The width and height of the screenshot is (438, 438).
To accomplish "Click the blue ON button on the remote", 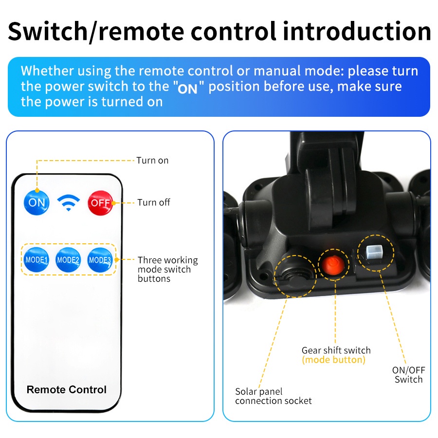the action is (x=36, y=202).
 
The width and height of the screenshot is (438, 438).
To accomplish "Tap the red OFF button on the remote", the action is (x=100, y=203).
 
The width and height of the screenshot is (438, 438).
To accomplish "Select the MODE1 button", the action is (x=36, y=260).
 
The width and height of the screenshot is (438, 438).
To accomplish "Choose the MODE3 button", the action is (x=100, y=260).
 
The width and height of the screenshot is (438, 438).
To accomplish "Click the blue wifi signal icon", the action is (x=69, y=202).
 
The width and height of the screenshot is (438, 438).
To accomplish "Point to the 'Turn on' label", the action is (x=152, y=160).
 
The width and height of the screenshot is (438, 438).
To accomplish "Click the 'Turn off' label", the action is (x=154, y=202).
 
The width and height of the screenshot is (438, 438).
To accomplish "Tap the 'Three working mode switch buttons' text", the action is (x=167, y=269).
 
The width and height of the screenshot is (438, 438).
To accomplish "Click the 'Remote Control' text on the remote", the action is (x=67, y=389).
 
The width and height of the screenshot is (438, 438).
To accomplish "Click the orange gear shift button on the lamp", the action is (x=333, y=264).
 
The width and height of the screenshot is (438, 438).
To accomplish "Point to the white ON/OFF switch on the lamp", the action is (x=374, y=252).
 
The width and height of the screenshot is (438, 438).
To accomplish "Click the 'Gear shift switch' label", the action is (x=336, y=350).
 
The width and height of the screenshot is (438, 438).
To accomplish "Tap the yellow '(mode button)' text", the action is (x=334, y=360).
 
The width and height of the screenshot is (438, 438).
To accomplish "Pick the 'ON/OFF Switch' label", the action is (x=409, y=375).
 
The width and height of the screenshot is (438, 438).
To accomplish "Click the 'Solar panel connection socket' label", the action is (x=273, y=396).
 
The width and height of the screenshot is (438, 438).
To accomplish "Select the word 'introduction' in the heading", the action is (x=357, y=31).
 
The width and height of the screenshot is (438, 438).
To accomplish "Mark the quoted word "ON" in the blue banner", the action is (x=187, y=89).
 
